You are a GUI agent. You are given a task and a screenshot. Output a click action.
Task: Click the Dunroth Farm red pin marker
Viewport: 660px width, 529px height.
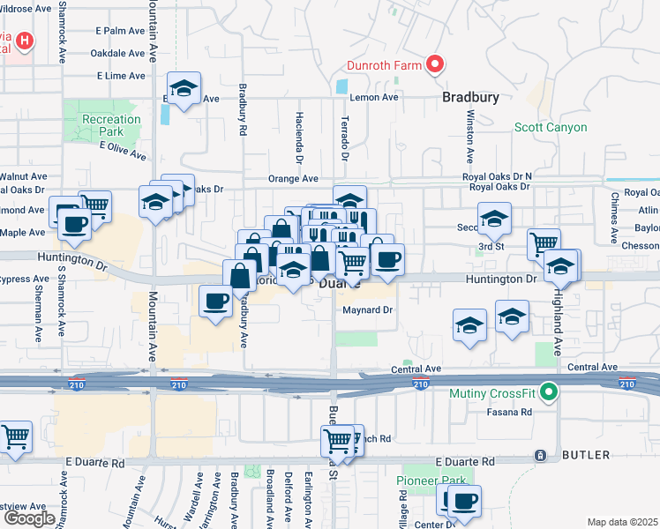tap(434, 63)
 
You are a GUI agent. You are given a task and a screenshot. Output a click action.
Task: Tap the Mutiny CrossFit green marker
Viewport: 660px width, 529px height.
tap(549, 392)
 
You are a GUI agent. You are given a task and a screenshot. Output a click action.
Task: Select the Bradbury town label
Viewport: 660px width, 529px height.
tap(470, 98)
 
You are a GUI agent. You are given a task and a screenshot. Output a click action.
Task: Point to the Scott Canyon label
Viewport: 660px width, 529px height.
tap(551, 128)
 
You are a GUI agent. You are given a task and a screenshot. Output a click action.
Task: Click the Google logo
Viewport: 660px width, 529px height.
tap(29, 518)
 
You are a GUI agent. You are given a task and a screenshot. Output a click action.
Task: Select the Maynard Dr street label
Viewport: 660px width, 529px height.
tap(366, 310)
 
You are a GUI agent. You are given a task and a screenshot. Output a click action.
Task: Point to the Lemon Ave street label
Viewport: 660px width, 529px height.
tap(375, 98)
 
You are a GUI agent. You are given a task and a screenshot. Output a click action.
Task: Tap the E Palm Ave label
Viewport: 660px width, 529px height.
tap(120, 30)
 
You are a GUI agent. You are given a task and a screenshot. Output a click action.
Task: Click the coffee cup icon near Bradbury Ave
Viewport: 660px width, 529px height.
tap(215, 302)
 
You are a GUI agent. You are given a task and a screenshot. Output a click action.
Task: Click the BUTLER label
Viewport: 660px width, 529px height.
tap(586, 455)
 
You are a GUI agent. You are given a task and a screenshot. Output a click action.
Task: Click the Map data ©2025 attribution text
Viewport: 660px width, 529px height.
tap(623, 522)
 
